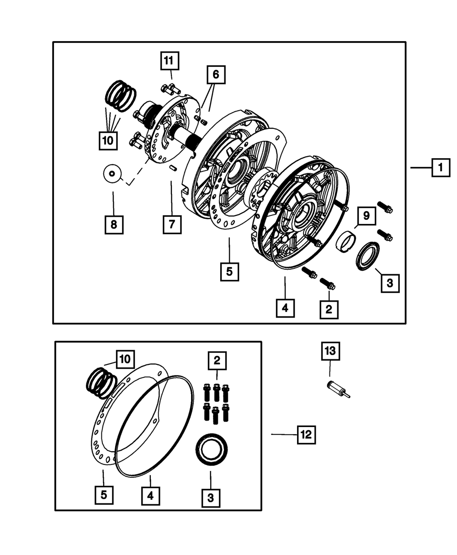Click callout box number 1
click(441, 168)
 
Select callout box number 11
click(170, 61)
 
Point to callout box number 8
click(113, 224)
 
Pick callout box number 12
click(306, 435)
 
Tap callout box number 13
click(330, 351)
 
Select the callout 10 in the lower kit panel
click(125, 359)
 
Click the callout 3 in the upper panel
click(390, 283)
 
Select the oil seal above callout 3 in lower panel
click(212, 450)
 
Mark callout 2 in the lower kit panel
click(217, 360)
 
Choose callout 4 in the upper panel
click(285, 308)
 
